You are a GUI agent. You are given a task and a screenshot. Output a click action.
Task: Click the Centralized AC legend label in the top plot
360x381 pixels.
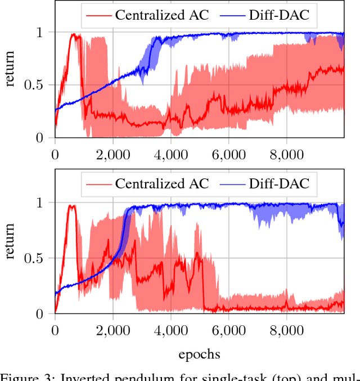(161, 15)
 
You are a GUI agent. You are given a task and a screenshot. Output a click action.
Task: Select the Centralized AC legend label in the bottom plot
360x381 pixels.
(161, 183)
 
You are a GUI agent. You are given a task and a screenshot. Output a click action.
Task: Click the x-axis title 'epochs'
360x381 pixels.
(199, 354)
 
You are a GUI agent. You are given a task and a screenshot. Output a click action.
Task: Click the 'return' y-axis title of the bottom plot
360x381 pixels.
(11, 241)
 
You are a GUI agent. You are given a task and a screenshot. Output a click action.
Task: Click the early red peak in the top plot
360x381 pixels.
(73, 35)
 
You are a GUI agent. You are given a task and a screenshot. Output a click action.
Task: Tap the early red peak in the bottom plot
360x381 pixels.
(71, 206)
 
